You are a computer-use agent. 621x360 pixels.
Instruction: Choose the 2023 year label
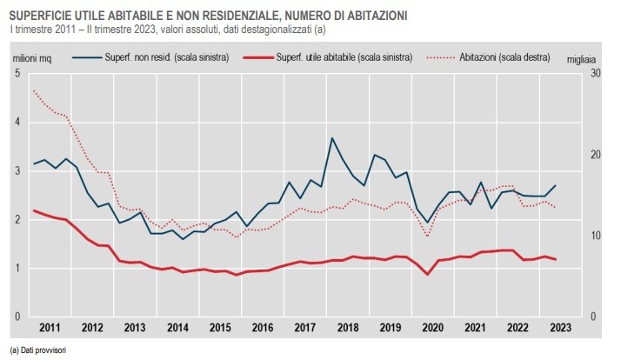pyautogui.click(x=559, y=328)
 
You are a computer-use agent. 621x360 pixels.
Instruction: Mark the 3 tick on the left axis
pyautogui.click(x=17, y=170)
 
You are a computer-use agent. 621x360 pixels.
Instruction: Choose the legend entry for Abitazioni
pyautogui.click(x=504, y=58)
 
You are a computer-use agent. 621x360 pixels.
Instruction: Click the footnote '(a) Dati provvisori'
pyautogui.click(x=38, y=349)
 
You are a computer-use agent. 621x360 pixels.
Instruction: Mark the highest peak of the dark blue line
pyautogui.click(x=332, y=138)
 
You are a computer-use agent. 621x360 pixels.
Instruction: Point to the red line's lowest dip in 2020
pyautogui.click(x=427, y=275)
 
